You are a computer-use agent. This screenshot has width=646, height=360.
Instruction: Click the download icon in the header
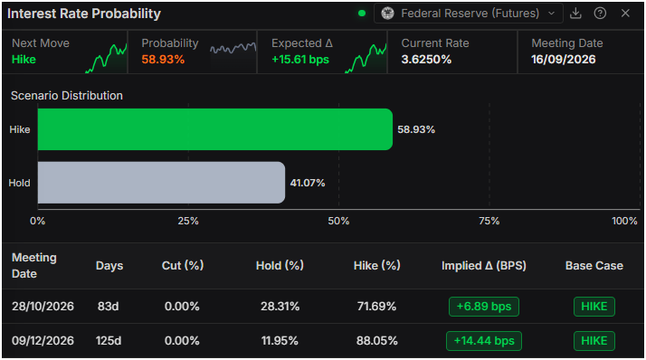click(575, 14)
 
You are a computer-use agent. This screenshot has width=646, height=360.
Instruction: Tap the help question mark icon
click(600, 14)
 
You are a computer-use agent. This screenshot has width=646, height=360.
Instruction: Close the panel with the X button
click(625, 14)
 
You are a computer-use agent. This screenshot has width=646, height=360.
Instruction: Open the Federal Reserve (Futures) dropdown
click(469, 14)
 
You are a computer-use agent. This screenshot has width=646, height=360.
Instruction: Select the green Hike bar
click(215, 129)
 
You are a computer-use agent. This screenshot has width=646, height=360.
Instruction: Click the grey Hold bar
click(161, 183)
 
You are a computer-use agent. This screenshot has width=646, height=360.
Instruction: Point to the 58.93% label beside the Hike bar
click(416, 129)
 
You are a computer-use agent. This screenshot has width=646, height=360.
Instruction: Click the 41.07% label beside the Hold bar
click(308, 183)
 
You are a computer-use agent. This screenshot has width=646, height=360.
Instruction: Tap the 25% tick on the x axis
click(188, 222)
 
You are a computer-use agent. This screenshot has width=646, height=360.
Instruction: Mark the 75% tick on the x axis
click(489, 222)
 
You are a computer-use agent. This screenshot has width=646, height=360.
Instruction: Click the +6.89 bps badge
click(484, 307)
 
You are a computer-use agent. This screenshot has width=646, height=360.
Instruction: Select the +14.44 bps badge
click(484, 341)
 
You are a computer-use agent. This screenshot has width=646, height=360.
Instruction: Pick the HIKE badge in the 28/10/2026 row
click(594, 307)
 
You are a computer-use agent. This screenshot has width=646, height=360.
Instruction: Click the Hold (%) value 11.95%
click(280, 341)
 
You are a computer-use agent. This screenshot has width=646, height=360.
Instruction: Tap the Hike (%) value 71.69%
click(376, 307)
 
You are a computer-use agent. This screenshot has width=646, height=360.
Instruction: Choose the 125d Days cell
click(109, 341)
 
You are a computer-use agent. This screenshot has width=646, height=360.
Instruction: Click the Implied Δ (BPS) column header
click(484, 266)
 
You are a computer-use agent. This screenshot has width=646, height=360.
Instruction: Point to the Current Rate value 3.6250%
click(426, 60)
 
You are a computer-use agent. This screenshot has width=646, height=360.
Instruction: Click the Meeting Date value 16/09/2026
click(563, 60)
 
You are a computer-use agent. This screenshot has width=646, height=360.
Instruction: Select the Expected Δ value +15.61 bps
click(300, 60)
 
